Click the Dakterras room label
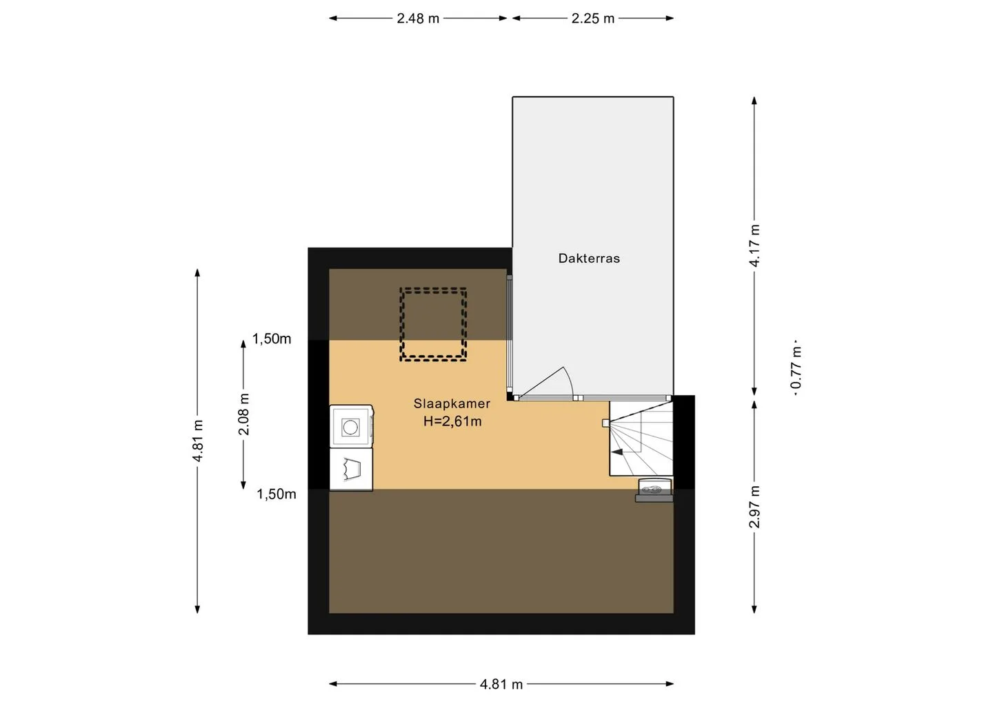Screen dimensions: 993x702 [589, 259]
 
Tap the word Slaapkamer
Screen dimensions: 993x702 [452, 403]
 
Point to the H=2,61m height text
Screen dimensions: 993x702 [452, 421]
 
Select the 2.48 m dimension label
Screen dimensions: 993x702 [418, 19]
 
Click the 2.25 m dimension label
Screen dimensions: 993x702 [593, 19]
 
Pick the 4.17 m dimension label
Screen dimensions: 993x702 [754, 245]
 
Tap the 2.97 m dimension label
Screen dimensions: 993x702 [754, 507]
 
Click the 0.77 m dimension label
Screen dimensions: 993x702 [796, 368]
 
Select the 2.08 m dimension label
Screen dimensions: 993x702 [244, 414]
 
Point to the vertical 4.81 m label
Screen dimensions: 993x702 [198, 441]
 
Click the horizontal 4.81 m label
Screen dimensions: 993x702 [501, 685]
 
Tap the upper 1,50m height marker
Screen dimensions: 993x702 [272, 339]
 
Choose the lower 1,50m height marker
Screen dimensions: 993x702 [276, 494]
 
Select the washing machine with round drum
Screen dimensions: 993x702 [351, 426]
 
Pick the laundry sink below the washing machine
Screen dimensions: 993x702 [351, 470]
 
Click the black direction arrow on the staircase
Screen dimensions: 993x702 [617, 452]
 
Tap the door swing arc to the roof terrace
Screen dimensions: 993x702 [569, 379]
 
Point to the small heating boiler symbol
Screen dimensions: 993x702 [654, 490]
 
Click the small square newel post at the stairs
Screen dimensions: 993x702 [605, 423]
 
